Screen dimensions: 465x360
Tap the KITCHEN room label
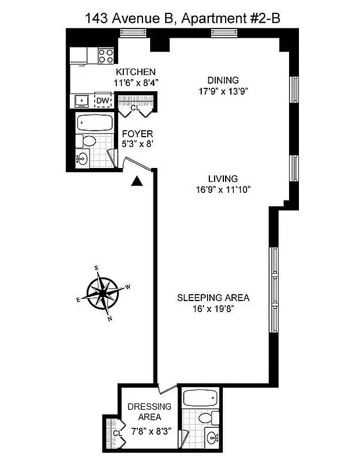point(135,72)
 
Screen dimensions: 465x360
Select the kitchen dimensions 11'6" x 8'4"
point(137,83)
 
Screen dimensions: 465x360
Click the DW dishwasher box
point(102,101)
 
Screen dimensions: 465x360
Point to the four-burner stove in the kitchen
point(105,56)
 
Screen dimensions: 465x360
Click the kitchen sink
point(81,101)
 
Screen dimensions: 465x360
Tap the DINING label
point(223,80)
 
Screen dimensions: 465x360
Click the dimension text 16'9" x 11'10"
point(224,189)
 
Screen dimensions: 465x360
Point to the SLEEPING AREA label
point(213,298)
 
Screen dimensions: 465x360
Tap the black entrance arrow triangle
point(137,182)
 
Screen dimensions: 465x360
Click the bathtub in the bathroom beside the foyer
point(94,123)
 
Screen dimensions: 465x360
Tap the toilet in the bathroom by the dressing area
point(205,419)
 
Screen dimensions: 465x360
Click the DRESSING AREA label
point(149,412)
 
